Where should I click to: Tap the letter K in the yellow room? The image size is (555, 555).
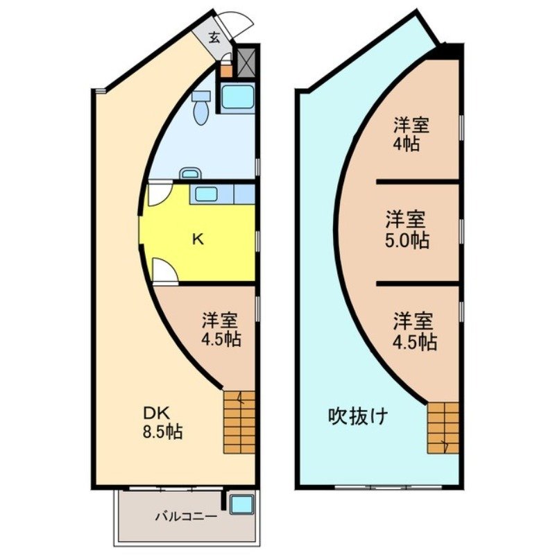click(198, 240)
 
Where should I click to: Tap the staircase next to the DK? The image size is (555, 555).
click(239, 422)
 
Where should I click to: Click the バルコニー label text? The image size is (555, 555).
click(185, 516)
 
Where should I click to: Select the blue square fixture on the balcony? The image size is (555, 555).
click(242, 503)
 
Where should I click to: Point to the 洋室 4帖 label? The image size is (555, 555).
click(411, 135)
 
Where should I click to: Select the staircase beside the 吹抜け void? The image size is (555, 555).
click(443, 427)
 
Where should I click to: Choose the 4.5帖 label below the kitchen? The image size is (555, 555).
click(220, 331)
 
